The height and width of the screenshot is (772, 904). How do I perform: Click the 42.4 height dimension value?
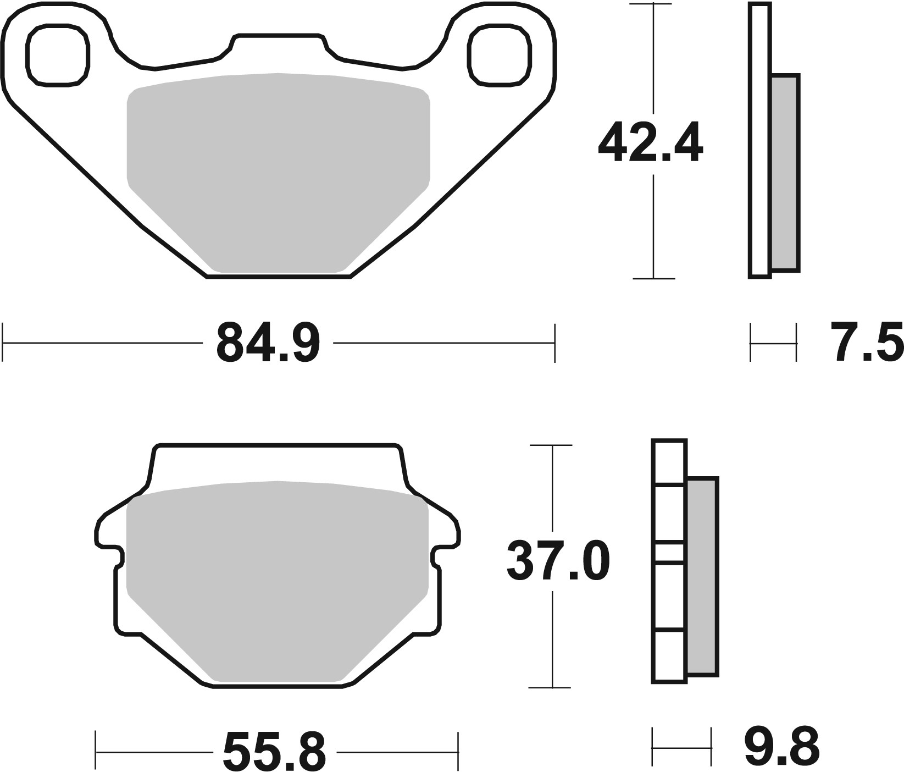coord(650,144)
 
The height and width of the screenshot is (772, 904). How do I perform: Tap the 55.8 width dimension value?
coord(274,751)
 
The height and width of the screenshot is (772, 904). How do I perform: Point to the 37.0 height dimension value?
coord(557,561)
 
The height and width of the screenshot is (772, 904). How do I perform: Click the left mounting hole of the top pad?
coord(57,55)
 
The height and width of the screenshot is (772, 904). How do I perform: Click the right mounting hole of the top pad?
coord(500,55)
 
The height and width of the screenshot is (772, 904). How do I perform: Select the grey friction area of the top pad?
coord(278,170)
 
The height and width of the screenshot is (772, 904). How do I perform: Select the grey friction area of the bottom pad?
coord(278,577)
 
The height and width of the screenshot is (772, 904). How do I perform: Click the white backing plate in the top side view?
coord(759,140)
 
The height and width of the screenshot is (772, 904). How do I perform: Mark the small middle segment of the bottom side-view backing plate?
coord(669,552)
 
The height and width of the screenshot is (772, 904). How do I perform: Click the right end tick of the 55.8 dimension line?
coord(458,751)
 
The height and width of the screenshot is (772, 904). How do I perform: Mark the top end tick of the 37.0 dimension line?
coord(551,445)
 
